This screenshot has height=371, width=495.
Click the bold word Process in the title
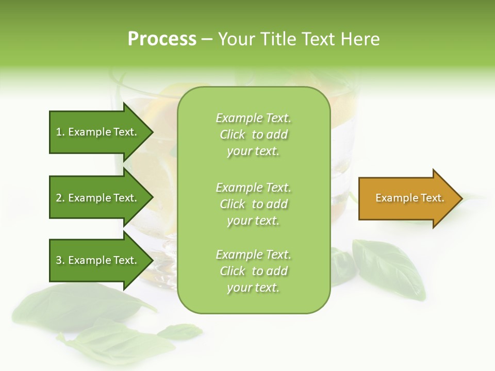[162, 39]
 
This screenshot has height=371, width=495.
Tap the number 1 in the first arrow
[59, 132]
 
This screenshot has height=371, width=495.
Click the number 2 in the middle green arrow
[59, 198]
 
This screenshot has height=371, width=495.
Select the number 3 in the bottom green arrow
[59, 260]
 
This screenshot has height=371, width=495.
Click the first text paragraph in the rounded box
[253, 134]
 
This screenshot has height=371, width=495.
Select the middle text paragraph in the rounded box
[253, 204]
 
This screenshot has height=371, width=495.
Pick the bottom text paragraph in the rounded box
[253, 271]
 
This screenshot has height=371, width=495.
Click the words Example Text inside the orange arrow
[410, 198]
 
